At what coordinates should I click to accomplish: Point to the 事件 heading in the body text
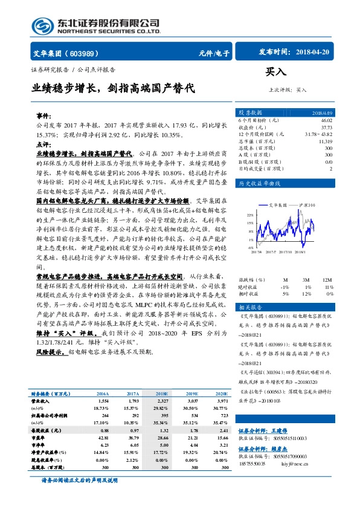click(43, 114)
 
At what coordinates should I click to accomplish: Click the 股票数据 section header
click(250, 113)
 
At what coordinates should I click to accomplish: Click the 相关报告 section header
click(249, 308)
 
